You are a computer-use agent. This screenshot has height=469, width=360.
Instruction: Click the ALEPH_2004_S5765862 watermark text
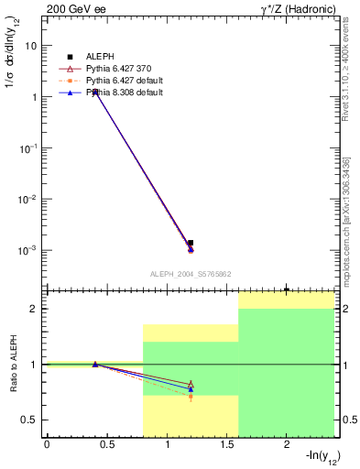click(190, 273)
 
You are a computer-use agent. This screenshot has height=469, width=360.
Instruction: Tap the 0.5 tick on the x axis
click(107, 445)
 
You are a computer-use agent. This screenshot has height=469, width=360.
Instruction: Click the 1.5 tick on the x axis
click(226, 445)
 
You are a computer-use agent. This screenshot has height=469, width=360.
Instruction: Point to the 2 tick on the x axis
click(287, 445)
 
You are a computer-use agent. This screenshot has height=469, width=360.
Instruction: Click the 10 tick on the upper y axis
click(30, 46)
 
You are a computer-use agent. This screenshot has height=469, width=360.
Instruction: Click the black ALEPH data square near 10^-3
click(191, 244)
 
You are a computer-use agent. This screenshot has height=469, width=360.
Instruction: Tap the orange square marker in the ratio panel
click(191, 397)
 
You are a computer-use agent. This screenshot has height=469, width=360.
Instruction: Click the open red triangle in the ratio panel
click(191, 384)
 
